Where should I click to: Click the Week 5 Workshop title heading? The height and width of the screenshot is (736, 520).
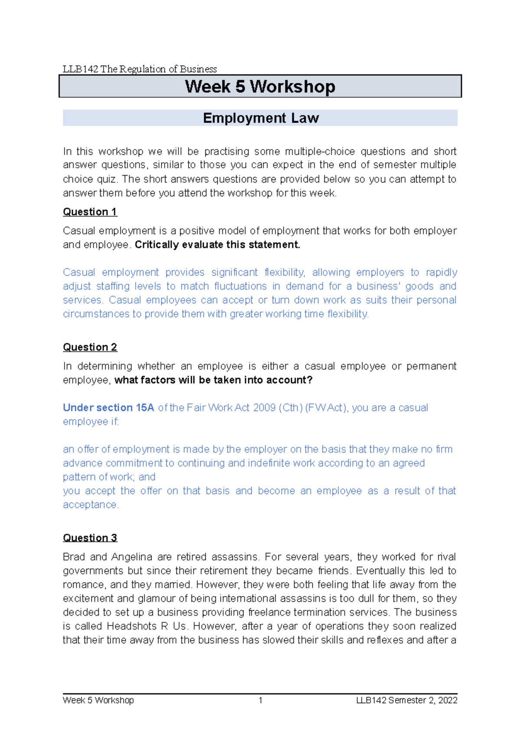click(x=260, y=87)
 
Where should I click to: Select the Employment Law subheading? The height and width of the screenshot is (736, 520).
click(x=261, y=118)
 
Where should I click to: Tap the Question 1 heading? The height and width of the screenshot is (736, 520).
click(x=90, y=212)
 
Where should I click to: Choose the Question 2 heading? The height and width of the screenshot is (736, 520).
click(x=90, y=347)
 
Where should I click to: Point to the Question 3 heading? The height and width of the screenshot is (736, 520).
click(x=90, y=538)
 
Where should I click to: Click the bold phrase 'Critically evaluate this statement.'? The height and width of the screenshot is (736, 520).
click(x=218, y=245)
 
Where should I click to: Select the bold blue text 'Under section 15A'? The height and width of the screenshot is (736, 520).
click(x=108, y=408)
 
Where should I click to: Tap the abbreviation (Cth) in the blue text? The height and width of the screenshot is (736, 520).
click(x=290, y=408)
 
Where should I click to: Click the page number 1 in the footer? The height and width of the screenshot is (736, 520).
click(x=260, y=700)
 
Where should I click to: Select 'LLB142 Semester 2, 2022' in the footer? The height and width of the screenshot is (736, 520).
click(x=406, y=700)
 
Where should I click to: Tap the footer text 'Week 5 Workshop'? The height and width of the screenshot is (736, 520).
click(x=98, y=700)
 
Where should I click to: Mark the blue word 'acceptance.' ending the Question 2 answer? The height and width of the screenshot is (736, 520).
click(x=91, y=505)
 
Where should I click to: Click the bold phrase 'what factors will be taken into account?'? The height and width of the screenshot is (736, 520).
click(x=213, y=380)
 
